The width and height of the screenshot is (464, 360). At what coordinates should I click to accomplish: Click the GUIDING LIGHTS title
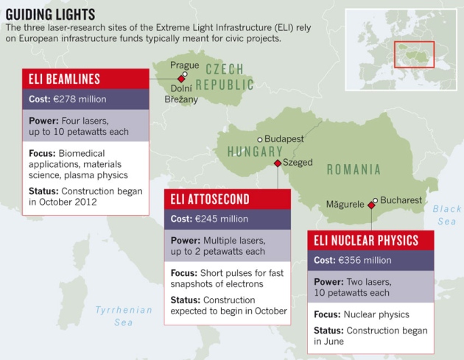50,13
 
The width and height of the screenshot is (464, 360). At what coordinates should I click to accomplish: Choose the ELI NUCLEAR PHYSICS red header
366,240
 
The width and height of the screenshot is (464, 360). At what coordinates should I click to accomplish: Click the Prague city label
184,66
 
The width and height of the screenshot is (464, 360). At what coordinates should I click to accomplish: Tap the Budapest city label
284,138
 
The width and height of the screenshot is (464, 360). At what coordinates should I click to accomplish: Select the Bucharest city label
401,200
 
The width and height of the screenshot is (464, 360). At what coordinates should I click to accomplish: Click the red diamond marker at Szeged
277,163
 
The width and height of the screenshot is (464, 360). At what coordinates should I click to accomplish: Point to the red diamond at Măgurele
370,206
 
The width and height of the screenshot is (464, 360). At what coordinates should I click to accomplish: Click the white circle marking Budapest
259,139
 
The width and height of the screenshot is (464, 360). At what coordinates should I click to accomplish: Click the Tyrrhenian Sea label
124,316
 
